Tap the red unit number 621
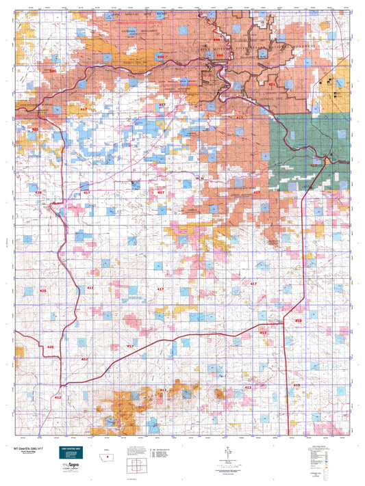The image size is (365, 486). [x=272, y=84]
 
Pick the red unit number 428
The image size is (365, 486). [x=38, y=193]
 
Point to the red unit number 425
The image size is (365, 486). [x=49, y=348]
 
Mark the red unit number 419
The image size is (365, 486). [x=298, y=321]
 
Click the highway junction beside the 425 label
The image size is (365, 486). [x=62, y=347]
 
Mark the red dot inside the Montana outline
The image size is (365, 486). [x=108, y=457]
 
